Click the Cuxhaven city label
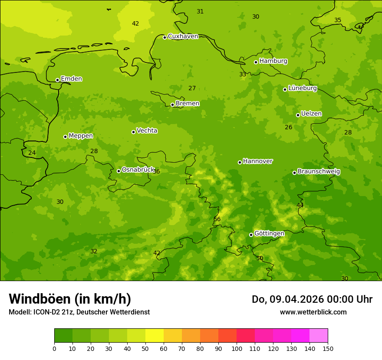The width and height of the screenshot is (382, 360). click(x=183, y=36)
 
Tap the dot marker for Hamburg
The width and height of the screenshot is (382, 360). click(x=256, y=62)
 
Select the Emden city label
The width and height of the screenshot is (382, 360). click(x=71, y=79)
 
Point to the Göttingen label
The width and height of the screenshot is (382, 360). click(x=269, y=234)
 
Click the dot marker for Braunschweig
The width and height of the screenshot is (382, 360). click(x=294, y=173)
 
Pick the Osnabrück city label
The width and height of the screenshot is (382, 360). click(x=138, y=170)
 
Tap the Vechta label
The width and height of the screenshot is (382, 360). click(x=147, y=131)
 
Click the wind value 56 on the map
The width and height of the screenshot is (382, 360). click(x=217, y=219)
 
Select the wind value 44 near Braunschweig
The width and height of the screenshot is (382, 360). click(x=300, y=205)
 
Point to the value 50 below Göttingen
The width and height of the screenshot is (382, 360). click(x=260, y=259)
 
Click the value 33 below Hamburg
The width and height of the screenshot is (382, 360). click(x=243, y=75)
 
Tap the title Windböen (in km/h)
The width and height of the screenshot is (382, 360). click(x=70, y=299)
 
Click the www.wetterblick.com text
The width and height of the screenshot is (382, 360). click(x=313, y=312)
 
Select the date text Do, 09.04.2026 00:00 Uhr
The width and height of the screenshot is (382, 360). click(x=312, y=299)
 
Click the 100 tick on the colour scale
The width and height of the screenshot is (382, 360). click(x=237, y=348)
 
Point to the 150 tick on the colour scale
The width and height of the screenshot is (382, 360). click(x=328, y=348)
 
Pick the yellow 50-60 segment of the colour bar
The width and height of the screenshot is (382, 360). click(x=155, y=336)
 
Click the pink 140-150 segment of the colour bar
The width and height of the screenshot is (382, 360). click(x=319, y=336)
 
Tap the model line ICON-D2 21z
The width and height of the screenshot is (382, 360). click(x=79, y=312)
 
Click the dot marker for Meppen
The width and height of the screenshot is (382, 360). click(x=66, y=137)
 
